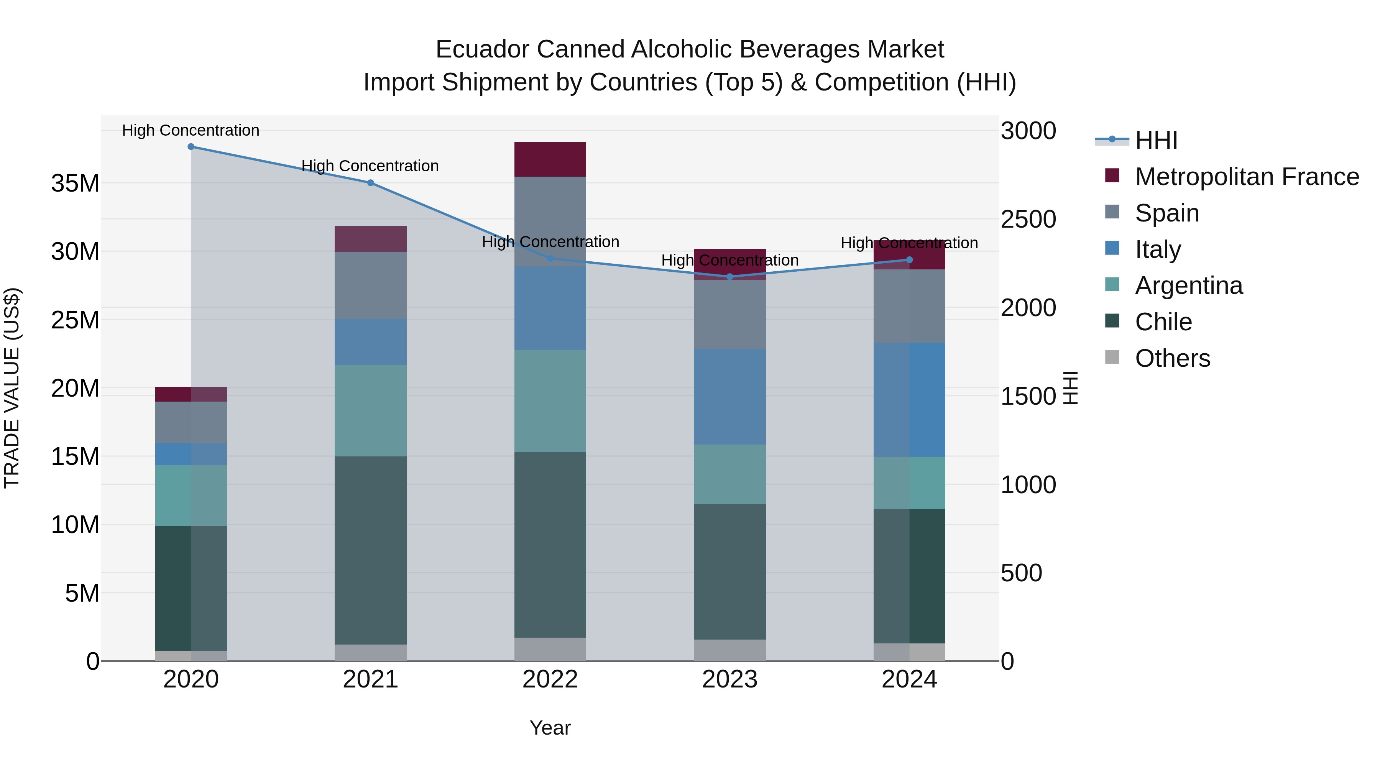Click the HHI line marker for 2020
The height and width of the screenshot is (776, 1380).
click(x=191, y=147)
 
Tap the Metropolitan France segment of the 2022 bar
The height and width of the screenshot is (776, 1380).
click(x=550, y=159)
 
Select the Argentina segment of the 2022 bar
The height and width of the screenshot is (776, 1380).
click(x=550, y=401)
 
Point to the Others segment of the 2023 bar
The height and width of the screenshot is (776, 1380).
click(x=729, y=650)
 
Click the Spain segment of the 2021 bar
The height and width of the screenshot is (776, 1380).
click(x=371, y=285)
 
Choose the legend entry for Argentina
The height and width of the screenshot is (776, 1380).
click(x=1188, y=285)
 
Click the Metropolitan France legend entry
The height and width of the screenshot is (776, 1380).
click(x=1246, y=177)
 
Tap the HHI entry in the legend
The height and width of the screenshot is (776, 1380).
click(x=1156, y=140)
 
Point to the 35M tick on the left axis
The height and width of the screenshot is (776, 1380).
click(x=75, y=184)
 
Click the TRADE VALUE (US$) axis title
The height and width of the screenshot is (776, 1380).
click(x=12, y=388)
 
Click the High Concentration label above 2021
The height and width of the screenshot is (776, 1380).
click(x=370, y=166)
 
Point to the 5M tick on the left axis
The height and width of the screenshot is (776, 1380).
click(x=82, y=593)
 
